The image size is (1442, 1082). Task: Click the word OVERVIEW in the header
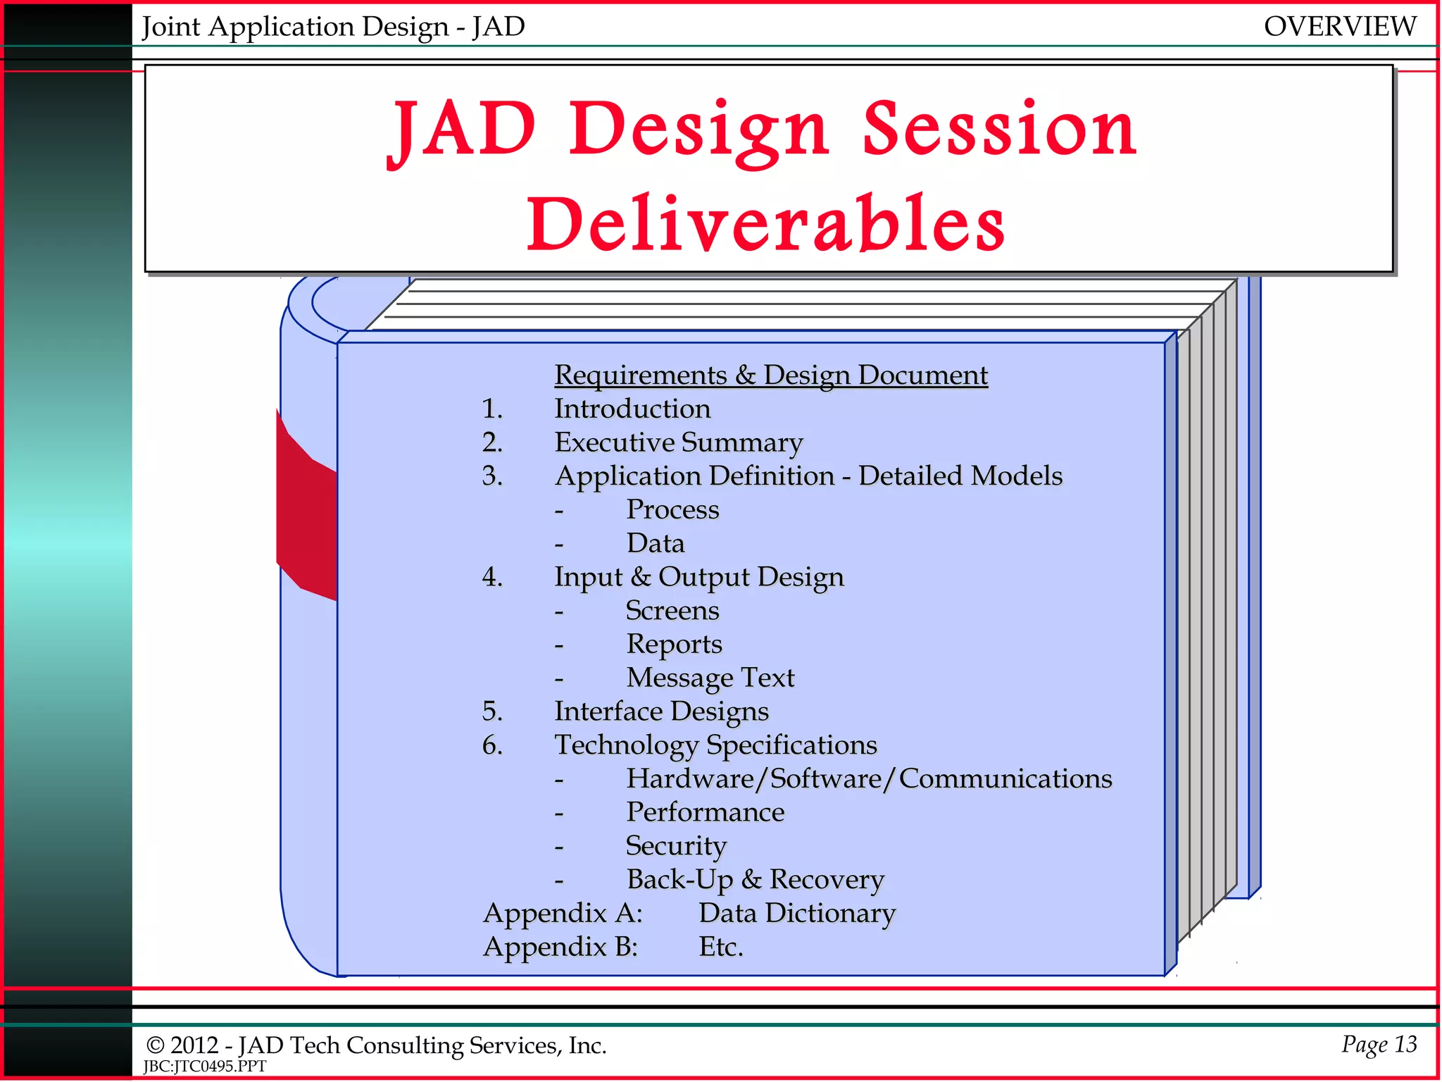(1339, 27)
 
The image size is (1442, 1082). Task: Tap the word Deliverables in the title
(766, 224)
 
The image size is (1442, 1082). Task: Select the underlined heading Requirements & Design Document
(771, 375)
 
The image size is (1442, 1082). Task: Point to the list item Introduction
(632, 409)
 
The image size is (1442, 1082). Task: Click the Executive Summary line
(678, 442)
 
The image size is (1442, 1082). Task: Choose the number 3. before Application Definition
(492, 476)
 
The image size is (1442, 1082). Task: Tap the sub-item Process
(672, 509)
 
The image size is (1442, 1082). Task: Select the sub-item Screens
(672, 610)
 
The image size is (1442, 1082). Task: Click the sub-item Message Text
(710, 678)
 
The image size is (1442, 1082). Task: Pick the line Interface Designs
(661, 711)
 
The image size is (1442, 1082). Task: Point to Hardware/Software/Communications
(869, 778)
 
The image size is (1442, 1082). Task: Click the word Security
(676, 845)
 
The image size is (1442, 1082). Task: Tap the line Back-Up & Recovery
(755, 879)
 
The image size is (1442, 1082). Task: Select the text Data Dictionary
(797, 913)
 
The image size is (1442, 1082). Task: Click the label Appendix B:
(560, 947)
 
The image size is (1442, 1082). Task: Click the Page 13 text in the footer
(1379, 1044)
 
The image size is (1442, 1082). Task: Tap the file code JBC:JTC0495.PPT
(205, 1067)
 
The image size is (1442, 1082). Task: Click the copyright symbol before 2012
(155, 1046)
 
